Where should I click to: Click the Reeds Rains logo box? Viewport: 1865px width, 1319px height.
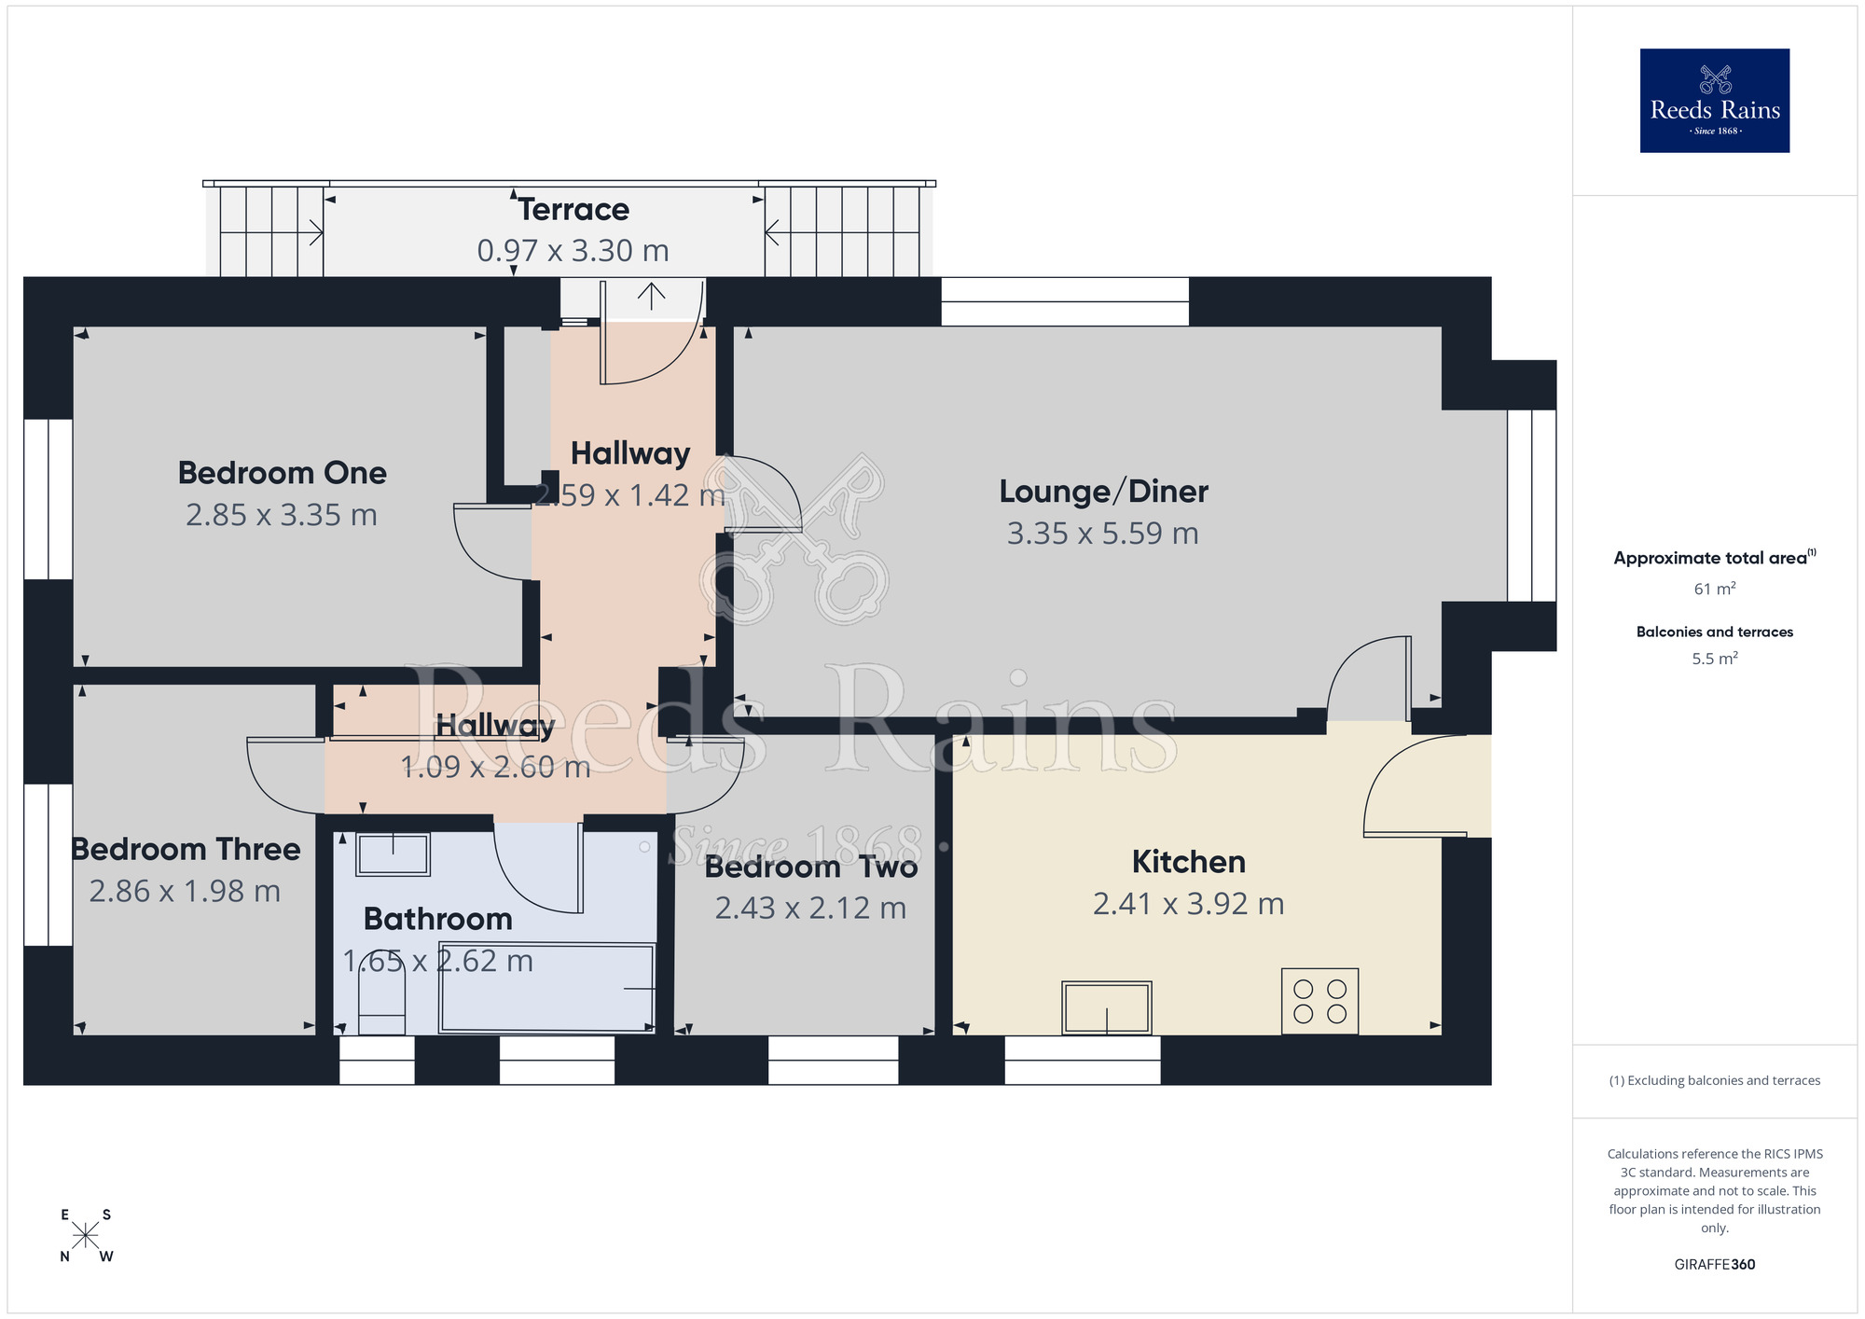pyautogui.click(x=1714, y=101)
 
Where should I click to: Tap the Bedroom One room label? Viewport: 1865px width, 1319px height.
pyautogui.click(x=282, y=473)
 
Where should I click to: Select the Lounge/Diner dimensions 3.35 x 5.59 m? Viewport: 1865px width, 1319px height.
pyautogui.click(x=1102, y=534)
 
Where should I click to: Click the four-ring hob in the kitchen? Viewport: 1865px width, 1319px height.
pyautogui.click(x=1319, y=1001)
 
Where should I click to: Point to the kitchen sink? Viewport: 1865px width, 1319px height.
pyautogui.click(x=1107, y=1007)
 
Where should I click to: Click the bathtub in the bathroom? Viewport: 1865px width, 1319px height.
pyautogui.click(x=547, y=989)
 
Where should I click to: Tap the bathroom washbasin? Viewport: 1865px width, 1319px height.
pyautogui.click(x=393, y=854)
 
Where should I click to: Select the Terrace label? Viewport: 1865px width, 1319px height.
pyautogui.click(x=573, y=210)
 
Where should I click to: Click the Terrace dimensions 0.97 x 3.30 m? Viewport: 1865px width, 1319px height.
pyautogui.click(x=573, y=251)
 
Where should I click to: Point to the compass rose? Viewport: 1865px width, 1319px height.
pyautogui.click(x=85, y=1236)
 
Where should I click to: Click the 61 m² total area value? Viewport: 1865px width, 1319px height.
pyautogui.click(x=1714, y=589)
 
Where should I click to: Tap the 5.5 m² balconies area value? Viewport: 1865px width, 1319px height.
pyautogui.click(x=1714, y=659)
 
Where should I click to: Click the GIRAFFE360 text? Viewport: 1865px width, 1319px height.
pyautogui.click(x=1714, y=1265)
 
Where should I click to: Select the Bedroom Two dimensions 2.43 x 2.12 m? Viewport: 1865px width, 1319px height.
pyautogui.click(x=810, y=908)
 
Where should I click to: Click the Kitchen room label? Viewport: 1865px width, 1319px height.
pyautogui.click(x=1188, y=862)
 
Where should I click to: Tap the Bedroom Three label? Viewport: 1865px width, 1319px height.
pyautogui.click(x=186, y=850)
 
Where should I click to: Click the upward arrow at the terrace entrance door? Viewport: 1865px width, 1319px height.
pyautogui.click(x=651, y=296)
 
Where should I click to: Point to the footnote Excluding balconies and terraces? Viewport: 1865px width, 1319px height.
pyautogui.click(x=1714, y=1080)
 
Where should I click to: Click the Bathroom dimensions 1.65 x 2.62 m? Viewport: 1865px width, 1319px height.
pyautogui.click(x=437, y=961)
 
